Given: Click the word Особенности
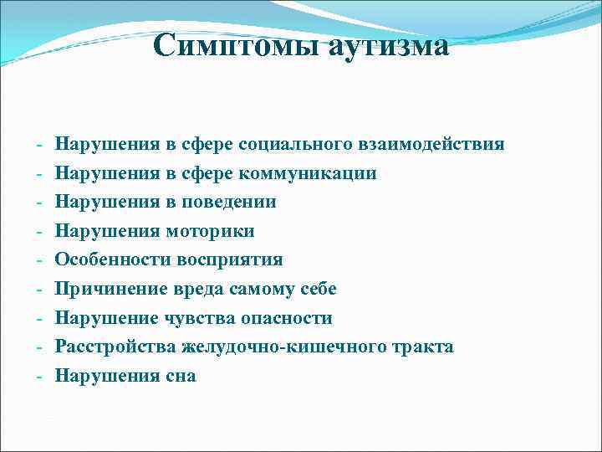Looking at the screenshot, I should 112,259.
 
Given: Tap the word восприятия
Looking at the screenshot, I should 230,259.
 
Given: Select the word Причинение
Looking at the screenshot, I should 108,289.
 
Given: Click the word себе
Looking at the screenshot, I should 320,289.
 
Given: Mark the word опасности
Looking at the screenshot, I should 288,318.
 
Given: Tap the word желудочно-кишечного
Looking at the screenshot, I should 282,347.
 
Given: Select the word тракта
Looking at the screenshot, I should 424,347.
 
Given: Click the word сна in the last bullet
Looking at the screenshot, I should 181,376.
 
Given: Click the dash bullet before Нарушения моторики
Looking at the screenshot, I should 39,232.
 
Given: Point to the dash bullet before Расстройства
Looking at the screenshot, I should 39,347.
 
